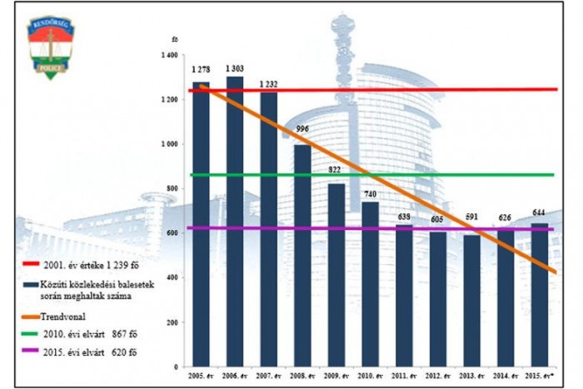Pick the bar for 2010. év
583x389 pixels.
pyautogui.click(x=371, y=284)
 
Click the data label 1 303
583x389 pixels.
pyautogui.click(x=235, y=69)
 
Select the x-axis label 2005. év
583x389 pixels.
pyautogui.click(x=201, y=377)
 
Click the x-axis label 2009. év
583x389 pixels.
pyautogui.click(x=336, y=377)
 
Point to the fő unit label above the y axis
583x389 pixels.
pyautogui.click(x=173, y=39)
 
